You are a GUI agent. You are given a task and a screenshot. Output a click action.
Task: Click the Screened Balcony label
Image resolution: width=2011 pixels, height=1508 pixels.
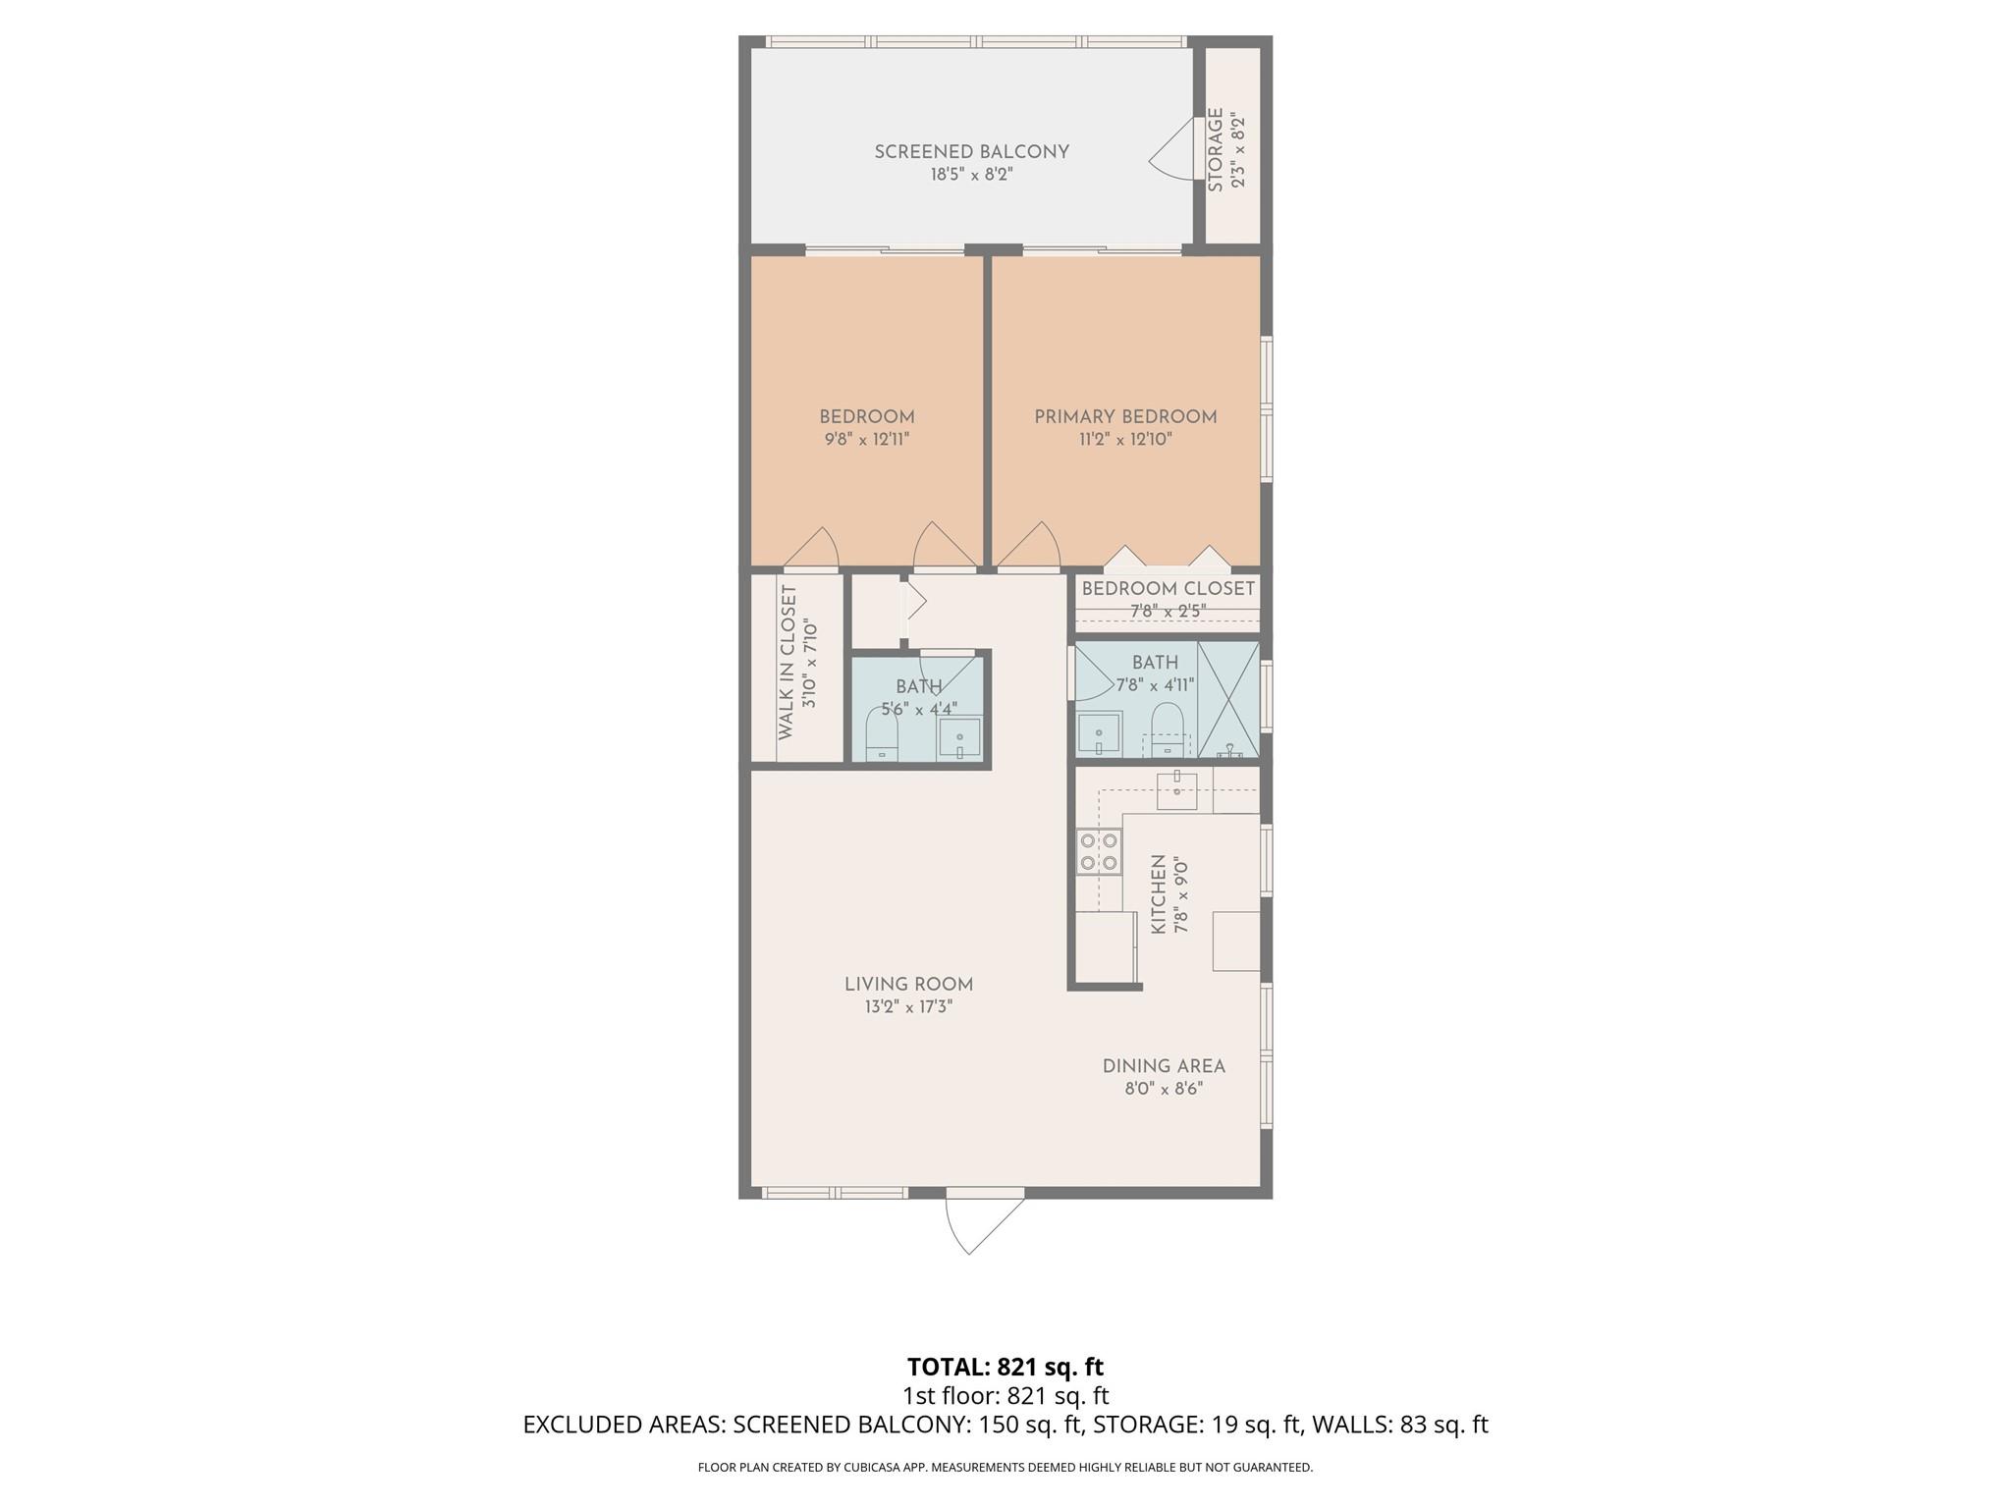tap(971, 152)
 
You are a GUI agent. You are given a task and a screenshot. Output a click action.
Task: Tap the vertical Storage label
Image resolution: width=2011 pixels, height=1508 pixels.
tap(1216, 150)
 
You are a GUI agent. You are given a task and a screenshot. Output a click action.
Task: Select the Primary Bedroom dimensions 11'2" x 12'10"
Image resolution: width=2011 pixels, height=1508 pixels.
tap(1125, 440)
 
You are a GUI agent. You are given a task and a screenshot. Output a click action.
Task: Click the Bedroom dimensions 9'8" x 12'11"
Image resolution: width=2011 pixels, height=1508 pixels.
tap(867, 440)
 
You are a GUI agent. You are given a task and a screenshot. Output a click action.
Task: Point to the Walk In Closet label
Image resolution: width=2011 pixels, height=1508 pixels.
tap(787, 663)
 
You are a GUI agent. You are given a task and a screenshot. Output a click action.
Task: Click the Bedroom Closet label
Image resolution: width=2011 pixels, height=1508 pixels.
tap(1168, 589)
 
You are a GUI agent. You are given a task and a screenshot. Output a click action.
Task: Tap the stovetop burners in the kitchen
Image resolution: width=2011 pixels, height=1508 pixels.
tap(1099, 851)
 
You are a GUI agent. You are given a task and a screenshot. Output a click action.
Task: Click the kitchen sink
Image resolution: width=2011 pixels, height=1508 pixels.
tap(1176, 789)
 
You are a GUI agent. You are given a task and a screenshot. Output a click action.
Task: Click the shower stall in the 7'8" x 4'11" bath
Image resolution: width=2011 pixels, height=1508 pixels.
tap(1228, 699)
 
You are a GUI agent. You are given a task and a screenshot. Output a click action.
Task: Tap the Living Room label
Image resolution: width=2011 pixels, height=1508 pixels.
tap(908, 985)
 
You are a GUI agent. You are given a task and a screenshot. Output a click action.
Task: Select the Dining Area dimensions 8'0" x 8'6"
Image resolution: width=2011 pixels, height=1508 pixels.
tap(1164, 1089)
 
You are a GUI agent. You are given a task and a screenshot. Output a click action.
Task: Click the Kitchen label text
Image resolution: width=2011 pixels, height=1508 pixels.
tap(1159, 894)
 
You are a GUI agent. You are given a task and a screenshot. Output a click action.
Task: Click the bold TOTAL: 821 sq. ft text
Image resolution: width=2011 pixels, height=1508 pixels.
tap(1005, 1367)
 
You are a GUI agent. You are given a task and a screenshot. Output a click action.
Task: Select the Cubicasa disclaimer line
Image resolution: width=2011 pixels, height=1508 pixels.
tap(1005, 1468)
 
